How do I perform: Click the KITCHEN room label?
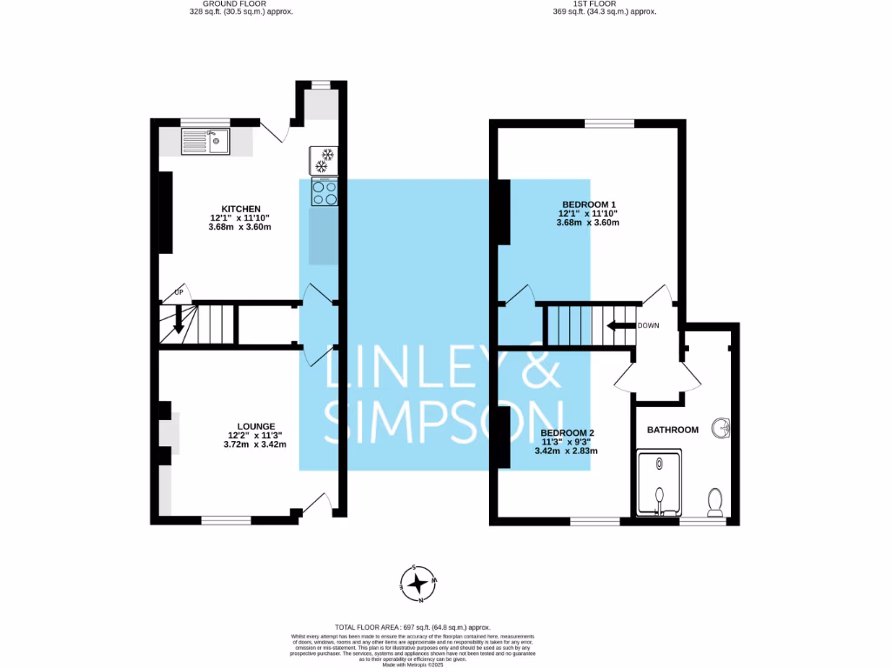[240, 209]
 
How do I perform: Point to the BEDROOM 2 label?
[568, 432]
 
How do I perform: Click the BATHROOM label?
[672, 430]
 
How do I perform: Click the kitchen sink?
[205, 141]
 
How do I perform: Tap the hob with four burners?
[325, 192]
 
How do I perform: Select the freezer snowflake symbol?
[325, 160]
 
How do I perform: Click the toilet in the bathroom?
[716, 501]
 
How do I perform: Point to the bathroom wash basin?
[720, 428]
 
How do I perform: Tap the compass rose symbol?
[419, 584]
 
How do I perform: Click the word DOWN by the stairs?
[648, 325]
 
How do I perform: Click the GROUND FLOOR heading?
[241, 3]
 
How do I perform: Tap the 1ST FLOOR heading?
[604, 3]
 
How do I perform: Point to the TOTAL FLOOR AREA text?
[412, 627]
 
